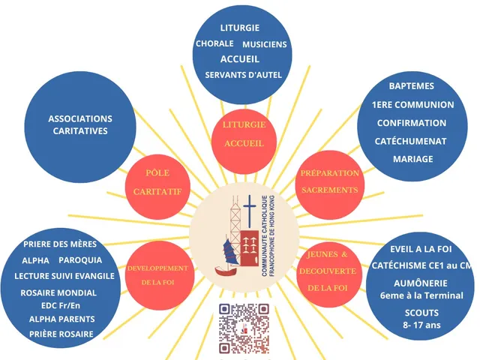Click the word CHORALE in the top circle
(x=214, y=43)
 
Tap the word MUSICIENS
(x=265, y=45)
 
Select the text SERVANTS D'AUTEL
(x=243, y=75)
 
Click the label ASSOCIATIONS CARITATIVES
(x=80, y=125)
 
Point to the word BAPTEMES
(x=412, y=86)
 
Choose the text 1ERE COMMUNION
(x=413, y=105)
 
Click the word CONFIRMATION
(x=412, y=123)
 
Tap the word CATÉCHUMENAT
(x=410, y=141)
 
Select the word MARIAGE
(x=413, y=159)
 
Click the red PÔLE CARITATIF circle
(x=157, y=187)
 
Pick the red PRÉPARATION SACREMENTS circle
(x=330, y=185)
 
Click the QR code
(x=244, y=328)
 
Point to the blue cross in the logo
(x=250, y=211)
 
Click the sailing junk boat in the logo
(x=227, y=257)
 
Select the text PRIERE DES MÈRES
(x=60, y=244)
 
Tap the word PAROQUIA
(x=80, y=260)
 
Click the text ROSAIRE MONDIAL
(x=58, y=293)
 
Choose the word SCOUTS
(x=421, y=313)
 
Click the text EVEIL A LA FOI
(x=421, y=249)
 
